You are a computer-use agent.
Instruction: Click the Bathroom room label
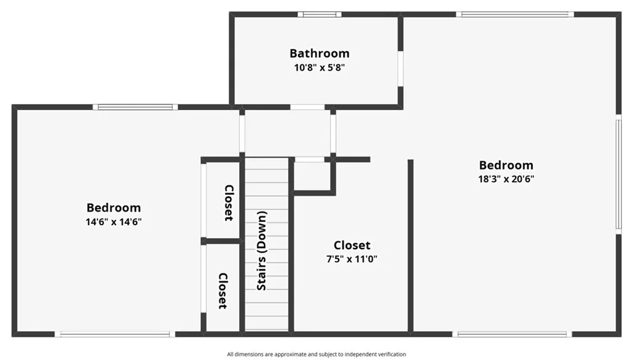319,53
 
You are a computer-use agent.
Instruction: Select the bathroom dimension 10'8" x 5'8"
319,67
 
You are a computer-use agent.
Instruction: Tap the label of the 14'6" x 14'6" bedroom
113,208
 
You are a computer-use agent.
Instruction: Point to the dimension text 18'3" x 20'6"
506,179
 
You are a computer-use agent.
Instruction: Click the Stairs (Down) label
261,251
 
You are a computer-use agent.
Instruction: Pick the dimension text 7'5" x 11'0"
352,259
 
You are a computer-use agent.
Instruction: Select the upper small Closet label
228,203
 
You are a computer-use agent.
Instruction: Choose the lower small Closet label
223,291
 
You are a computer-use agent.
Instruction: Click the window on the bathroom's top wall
319,14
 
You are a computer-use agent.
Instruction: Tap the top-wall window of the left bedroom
135,107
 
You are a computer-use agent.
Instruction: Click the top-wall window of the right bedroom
515,14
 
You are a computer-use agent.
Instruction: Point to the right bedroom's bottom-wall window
512,335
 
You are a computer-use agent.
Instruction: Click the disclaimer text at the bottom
316,354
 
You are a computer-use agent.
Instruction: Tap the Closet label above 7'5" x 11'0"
352,245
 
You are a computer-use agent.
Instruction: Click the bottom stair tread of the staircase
267,324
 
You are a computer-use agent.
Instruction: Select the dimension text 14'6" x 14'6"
113,221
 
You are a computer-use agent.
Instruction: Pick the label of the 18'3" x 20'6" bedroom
506,165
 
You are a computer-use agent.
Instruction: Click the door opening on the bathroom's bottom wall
307,107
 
